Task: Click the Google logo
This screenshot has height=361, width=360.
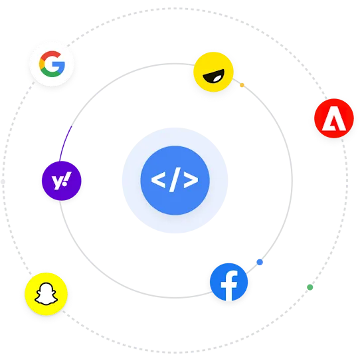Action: pyautogui.click(x=52, y=64)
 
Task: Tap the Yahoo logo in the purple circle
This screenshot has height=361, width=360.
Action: pyautogui.click(x=61, y=181)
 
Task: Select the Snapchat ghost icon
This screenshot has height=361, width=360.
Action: pyautogui.click(x=46, y=294)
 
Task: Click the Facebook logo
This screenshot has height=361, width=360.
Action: pyautogui.click(x=229, y=282)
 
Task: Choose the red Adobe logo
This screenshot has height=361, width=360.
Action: pyautogui.click(x=334, y=118)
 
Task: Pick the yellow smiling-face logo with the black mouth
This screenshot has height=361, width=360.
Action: pyautogui.click(x=213, y=72)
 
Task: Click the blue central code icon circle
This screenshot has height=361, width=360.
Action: pyautogui.click(x=175, y=180)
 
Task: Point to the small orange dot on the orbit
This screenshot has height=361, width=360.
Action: pyautogui.click(x=242, y=85)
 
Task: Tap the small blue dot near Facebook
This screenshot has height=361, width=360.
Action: pyautogui.click(x=260, y=262)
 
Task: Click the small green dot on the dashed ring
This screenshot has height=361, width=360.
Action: pyautogui.click(x=310, y=287)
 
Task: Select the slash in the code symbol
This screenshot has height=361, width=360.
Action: pyautogui.click(x=175, y=180)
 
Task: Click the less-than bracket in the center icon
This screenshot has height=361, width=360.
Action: pyautogui.click(x=159, y=180)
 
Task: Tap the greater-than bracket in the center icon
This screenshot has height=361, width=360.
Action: pyautogui.click(x=191, y=180)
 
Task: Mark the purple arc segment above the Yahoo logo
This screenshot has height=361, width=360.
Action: pyautogui.click(x=64, y=143)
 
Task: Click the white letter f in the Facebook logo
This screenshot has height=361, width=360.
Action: pyautogui.click(x=229, y=286)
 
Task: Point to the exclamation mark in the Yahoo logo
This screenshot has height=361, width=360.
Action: pyautogui.click(x=67, y=179)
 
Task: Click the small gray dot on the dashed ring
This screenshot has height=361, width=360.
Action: pyautogui.click(x=3, y=181)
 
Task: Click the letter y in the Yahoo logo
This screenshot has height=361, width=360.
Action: pyautogui.click(x=57, y=183)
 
